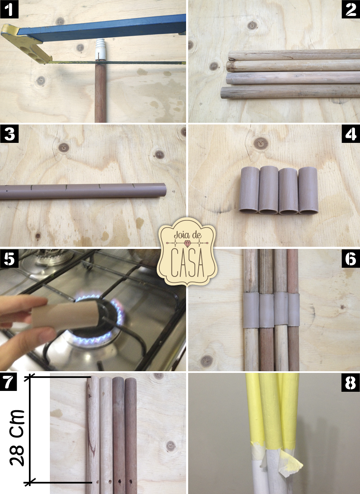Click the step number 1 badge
(x=9, y=9)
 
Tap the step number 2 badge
(x=350, y=9)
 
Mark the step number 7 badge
(x=9, y=382)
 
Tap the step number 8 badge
(x=350, y=382)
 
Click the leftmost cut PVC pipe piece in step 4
(x=249, y=191)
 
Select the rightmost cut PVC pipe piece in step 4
(x=308, y=191)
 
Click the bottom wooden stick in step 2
(x=289, y=92)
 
